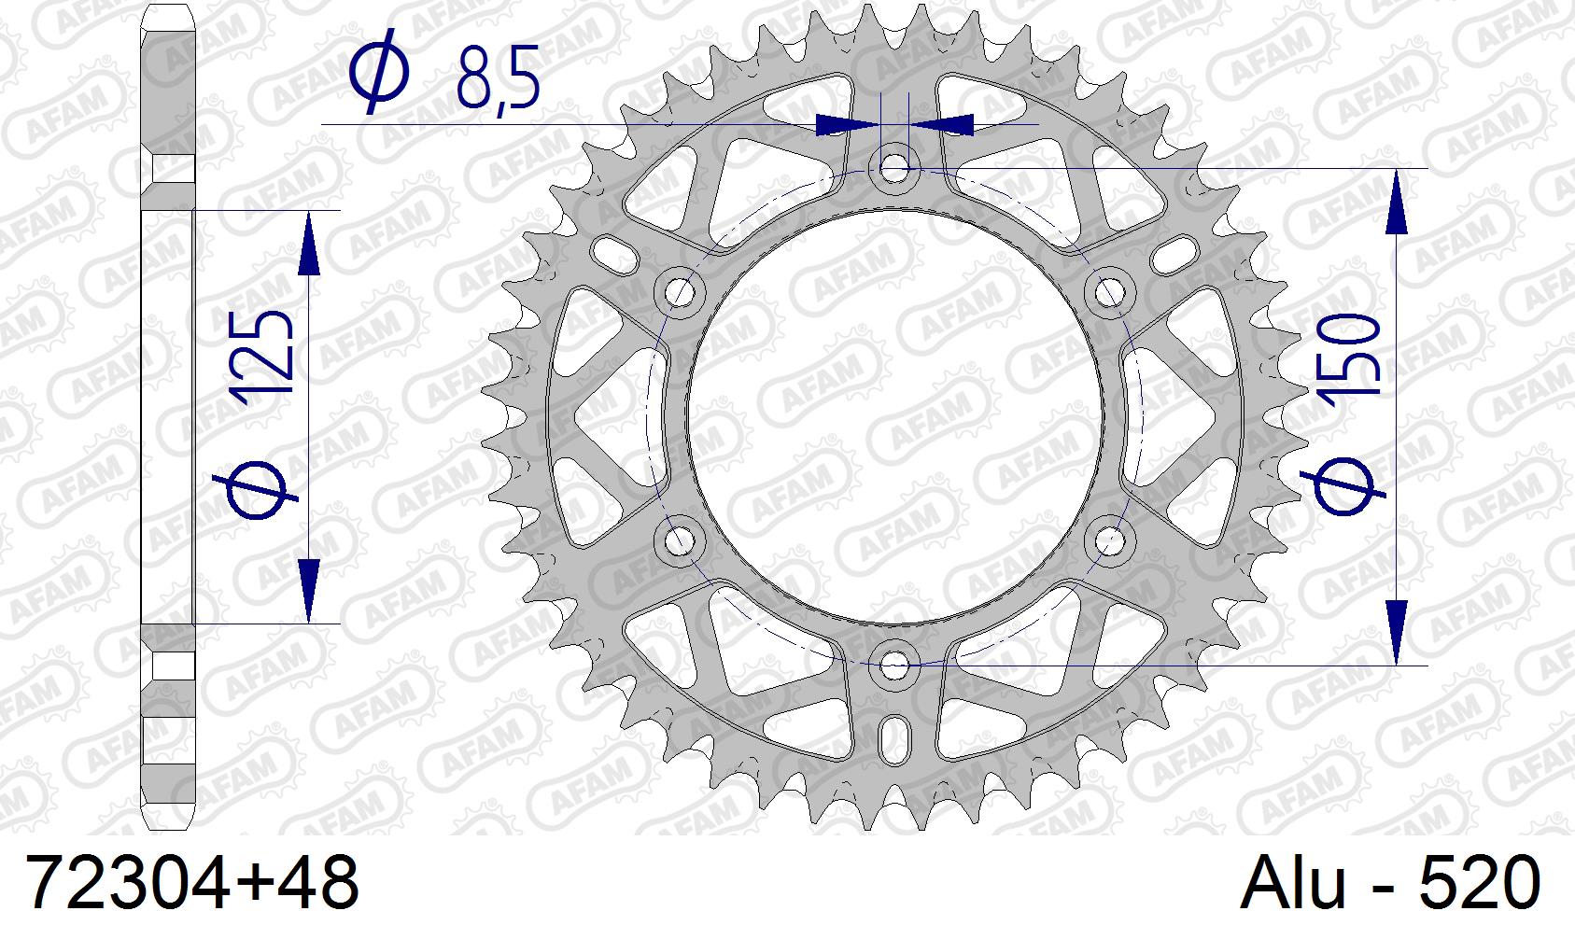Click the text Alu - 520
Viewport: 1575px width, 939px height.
(x=1390, y=882)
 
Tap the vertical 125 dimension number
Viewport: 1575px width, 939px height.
(x=264, y=358)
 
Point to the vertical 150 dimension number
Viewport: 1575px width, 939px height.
(x=1350, y=357)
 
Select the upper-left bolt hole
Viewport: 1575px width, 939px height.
(x=681, y=292)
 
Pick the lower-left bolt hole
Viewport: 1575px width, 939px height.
(x=679, y=540)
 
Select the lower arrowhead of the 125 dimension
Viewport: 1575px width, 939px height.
(x=309, y=588)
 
